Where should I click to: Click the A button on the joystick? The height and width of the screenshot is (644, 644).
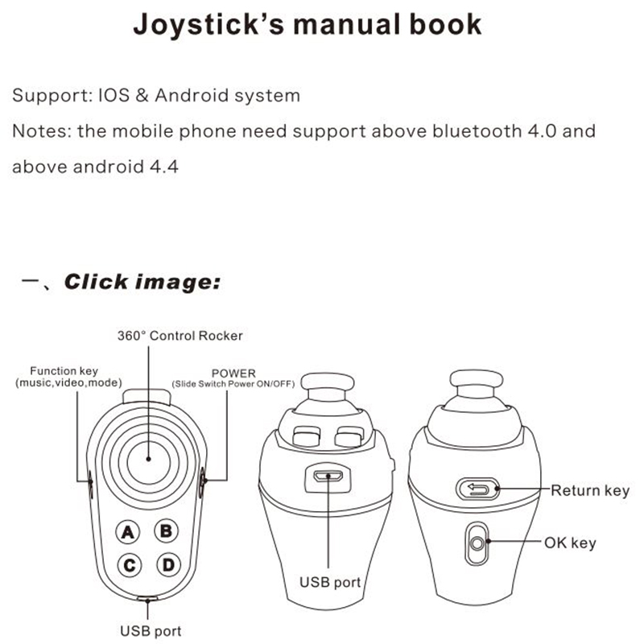point(129,531)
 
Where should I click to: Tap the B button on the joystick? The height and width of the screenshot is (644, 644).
point(167,531)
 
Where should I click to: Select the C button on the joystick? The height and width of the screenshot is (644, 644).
point(129,565)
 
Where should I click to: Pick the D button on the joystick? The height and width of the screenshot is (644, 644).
point(167,565)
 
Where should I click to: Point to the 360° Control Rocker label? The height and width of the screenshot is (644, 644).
point(180,335)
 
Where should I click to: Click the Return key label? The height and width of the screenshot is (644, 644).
point(589,489)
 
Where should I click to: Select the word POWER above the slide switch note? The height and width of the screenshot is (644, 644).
point(233,374)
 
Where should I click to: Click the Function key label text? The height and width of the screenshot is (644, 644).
point(64,371)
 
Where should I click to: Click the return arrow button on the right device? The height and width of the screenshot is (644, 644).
point(479,488)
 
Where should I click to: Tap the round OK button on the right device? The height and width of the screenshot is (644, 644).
point(480,543)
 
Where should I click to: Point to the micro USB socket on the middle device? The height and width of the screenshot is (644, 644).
point(328,476)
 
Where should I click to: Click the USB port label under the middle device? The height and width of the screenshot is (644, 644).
point(330,580)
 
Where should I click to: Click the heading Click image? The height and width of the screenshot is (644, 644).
point(142,282)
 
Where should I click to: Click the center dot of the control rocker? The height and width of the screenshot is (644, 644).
point(148,456)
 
